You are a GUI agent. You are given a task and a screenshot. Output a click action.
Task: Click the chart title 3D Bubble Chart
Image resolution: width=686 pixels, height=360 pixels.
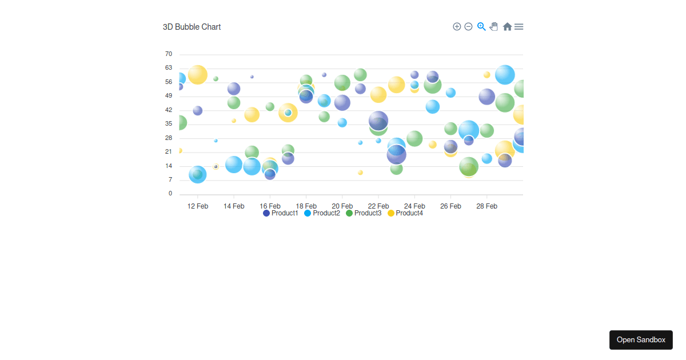(x=192, y=27)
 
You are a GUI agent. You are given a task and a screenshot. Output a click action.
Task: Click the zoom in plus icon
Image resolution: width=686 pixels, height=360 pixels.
(x=457, y=27)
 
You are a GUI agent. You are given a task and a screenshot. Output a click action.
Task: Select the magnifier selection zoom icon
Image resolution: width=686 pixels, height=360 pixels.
(x=481, y=26)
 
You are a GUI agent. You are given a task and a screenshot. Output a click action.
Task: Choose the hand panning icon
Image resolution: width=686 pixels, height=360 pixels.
(x=494, y=26)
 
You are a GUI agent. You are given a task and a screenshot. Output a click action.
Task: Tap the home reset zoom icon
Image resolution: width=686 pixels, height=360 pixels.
(x=507, y=27)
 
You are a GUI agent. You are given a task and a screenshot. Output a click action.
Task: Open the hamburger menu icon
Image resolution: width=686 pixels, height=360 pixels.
(x=519, y=27)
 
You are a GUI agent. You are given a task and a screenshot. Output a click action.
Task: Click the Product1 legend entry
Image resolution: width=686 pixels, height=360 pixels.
(x=281, y=213)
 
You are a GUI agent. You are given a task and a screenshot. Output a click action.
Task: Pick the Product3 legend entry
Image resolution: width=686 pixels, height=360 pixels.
(x=364, y=213)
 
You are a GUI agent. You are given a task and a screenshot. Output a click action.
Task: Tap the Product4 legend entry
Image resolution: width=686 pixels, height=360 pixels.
(x=405, y=213)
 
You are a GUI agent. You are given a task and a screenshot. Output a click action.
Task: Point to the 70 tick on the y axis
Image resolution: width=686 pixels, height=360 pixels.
(x=169, y=54)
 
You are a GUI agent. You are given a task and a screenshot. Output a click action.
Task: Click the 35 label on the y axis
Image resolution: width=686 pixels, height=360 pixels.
(x=169, y=124)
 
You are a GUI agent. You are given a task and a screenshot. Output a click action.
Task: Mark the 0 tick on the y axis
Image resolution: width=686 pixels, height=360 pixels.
(x=170, y=194)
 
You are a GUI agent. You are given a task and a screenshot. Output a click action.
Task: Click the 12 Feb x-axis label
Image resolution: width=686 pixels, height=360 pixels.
(x=198, y=206)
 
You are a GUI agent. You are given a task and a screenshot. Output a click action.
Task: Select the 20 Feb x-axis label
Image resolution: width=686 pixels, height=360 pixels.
(x=342, y=206)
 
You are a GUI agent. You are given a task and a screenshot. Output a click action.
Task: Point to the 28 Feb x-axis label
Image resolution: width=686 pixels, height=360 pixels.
(x=486, y=206)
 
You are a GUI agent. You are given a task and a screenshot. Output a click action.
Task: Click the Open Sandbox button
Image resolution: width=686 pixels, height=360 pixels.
(x=641, y=340)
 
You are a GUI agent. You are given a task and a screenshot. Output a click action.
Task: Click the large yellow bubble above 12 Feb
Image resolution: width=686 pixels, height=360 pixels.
(x=198, y=74)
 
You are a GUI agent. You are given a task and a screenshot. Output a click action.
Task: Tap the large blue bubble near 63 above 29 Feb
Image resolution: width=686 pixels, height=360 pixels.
(x=505, y=74)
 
